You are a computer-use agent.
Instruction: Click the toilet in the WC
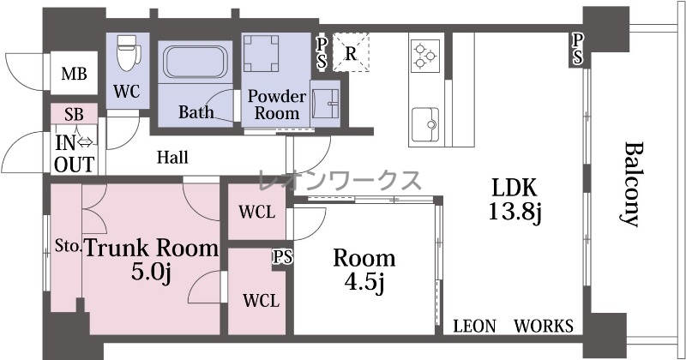(129, 53)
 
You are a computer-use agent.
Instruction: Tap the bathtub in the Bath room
(195, 61)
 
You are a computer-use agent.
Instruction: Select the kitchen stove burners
(424, 55)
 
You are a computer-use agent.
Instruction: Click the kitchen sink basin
(424, 124)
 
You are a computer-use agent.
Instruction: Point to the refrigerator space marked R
(351, 52)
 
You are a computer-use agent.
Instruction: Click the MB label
(74, 74)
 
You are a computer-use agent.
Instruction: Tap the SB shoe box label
(74, 114)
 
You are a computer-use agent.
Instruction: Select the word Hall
(173, 157)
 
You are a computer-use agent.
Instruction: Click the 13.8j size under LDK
(515, 213)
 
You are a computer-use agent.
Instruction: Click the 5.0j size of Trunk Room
(151, 273)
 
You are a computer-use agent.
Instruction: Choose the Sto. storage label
(69, 246)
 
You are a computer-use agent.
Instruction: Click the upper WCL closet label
(256, 213)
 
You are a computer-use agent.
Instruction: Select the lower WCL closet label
(262, 301)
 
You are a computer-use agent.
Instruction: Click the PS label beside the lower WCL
(283, 257)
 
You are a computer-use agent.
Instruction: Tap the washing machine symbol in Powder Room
(262, 53)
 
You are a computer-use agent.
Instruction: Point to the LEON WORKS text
(513, 326)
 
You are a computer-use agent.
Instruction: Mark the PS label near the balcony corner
(577, 49)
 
